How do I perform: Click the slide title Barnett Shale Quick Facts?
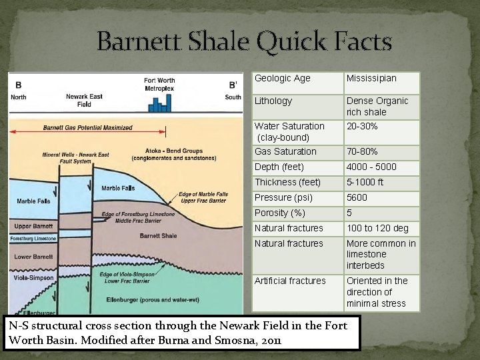click(x=244, y=41)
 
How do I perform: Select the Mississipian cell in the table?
click(x=371, y=79)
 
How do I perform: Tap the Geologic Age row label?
click(x=283, y=79)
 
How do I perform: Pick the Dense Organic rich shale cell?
click(x=377, y=106)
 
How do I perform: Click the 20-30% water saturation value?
click(x=362, y=126)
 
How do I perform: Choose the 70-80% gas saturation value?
click(x=362, y=152)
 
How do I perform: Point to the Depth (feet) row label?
click(x=279, y=167)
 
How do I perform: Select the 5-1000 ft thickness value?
click(x=365, y=182)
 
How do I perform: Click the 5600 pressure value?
click(x=357, y=197)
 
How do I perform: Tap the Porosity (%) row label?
click(x=280, y=213)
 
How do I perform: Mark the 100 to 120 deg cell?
click(x=377, y=228)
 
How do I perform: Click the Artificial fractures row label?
click(x=290, y=281)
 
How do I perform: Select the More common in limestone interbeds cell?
click(x=381, y=254)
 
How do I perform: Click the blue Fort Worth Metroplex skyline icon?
click(x=159, y=103)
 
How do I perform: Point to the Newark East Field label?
click(x=83, y=101)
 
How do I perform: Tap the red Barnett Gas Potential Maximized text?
click(x=87, y=128)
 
